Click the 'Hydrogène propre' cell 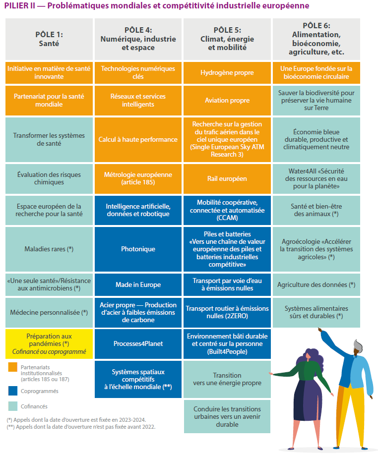click(x=227, y=73)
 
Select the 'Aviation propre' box click(x=227, y=101)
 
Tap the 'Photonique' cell click(x=138, y=249)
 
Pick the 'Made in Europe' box click(x=138, y=284)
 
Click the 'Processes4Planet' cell click(x=138, y=343)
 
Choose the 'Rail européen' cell click(x=227, y=178)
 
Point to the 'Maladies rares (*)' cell click(x=49, y=249)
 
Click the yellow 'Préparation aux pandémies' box click(x=49, y=343)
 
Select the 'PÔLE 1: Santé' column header click(x=49, y=39)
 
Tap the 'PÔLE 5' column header click(x=227, y=39)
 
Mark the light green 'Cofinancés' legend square click(x=13, y=406)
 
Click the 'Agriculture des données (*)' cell click(x=316, y=284)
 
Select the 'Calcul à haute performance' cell click(x=138, y=140)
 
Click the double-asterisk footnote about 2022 click(x=81, y=427)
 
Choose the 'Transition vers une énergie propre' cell click(x=227, y=379)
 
